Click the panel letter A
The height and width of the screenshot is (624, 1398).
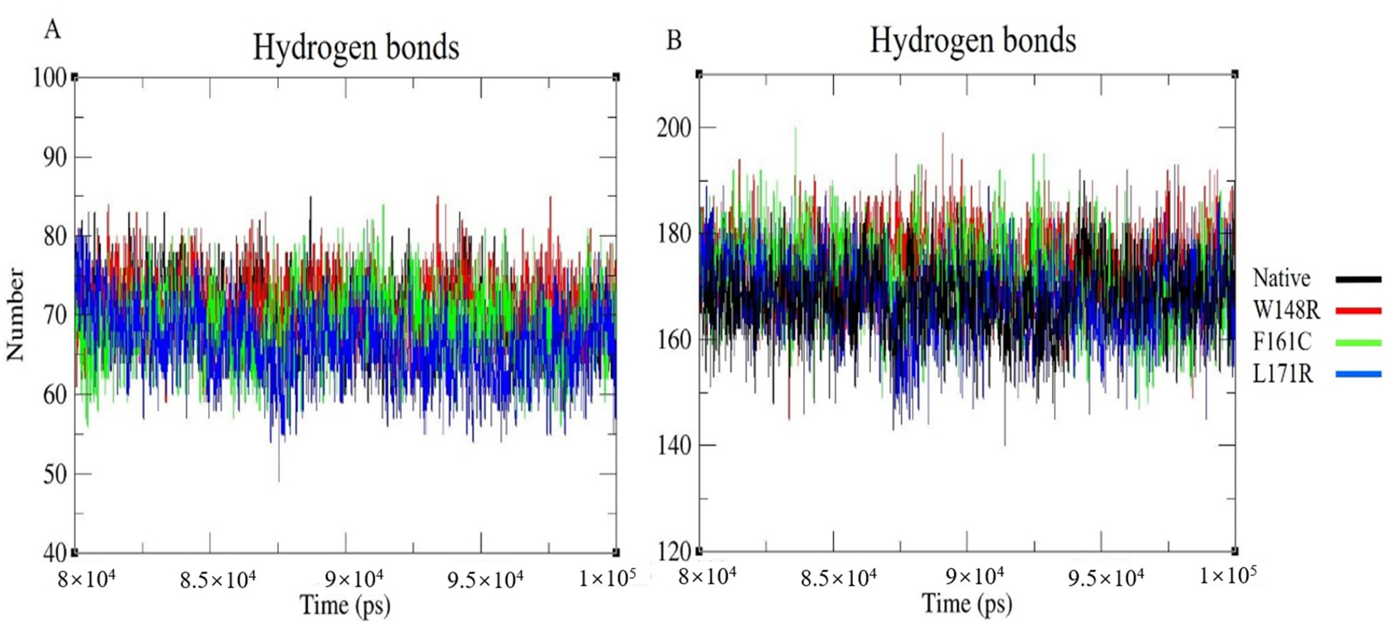tap(52, 29)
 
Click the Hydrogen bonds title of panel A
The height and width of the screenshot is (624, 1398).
tap(356, 48)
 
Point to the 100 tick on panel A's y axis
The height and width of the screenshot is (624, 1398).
tap(49, 78)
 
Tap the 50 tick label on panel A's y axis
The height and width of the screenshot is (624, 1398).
tap(54, 474)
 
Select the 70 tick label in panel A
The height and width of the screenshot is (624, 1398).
tap(54, 315)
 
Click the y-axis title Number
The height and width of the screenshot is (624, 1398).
tap(15, 315)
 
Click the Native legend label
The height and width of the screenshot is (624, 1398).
tap(1281, 278)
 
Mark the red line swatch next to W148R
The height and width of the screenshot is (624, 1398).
tap(1358, 311)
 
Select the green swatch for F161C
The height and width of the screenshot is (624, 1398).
tap(1358, 343)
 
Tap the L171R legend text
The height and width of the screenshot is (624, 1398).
tap(1283, 374)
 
